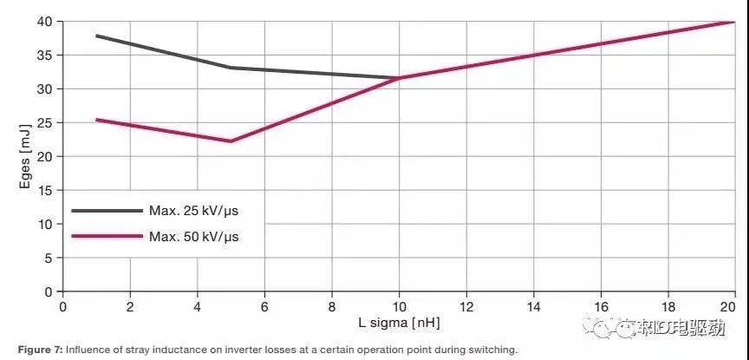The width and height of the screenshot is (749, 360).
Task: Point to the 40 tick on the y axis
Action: [x=45, y=21]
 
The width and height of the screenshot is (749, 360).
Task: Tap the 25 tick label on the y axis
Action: [x=45, y=122]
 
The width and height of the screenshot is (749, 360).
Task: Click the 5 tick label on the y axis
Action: [x=49, y=258]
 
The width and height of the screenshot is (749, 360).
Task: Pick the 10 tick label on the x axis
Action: [x=399, y=306]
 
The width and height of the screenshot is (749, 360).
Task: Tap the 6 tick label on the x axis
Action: [x=264, y=306]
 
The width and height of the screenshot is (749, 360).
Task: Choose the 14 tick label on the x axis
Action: [x=533, y=306]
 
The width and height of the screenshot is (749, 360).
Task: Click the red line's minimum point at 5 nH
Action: [x=231, y=141]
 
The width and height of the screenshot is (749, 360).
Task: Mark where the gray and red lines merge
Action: [x=399, y=78]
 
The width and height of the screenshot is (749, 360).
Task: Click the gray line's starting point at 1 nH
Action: [x=96, y=36]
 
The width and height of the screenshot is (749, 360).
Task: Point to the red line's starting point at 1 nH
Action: [x=96, y=119]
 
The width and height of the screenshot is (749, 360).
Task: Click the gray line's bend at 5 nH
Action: [x=231, y=68]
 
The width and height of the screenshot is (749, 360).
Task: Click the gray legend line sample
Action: [x=106, y=210]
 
